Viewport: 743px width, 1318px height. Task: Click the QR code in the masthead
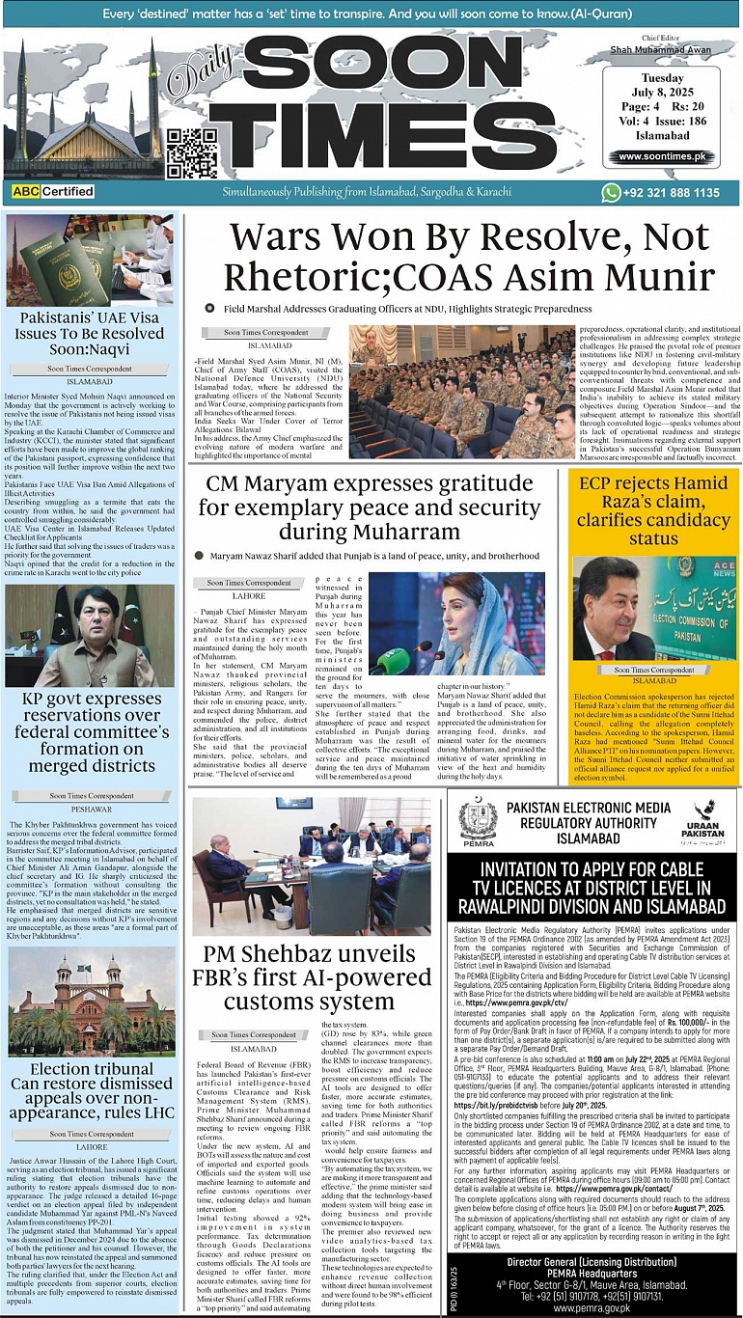[x=185, y=149]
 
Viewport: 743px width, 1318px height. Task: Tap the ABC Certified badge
[x=52, y=192]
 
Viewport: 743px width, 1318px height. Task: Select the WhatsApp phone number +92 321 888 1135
[x=661, y=193]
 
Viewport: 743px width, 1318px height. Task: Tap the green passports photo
[x=92, y=261]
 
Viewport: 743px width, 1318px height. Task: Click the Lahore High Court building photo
[x=92, y=1001]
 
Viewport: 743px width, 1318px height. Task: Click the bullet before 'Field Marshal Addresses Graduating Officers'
[x=209, y=308]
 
